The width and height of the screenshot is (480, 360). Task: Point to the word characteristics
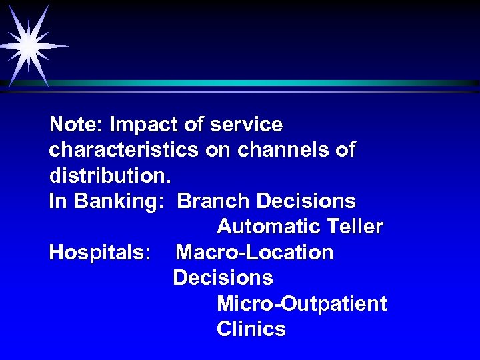tap(123, 150)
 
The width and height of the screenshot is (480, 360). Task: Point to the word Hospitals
tap(99, 253)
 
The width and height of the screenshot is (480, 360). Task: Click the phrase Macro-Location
tap(254, 253)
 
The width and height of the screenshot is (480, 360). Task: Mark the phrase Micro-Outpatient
tap(301, 304)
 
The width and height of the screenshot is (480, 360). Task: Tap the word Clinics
tap(251, 329)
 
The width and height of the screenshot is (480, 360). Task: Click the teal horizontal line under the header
tap(267, 83)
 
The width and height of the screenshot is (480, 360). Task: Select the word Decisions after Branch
tap(306, 201)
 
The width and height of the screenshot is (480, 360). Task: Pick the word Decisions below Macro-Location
tap(223, 278)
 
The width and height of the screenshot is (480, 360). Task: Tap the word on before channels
tap(217, 150)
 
